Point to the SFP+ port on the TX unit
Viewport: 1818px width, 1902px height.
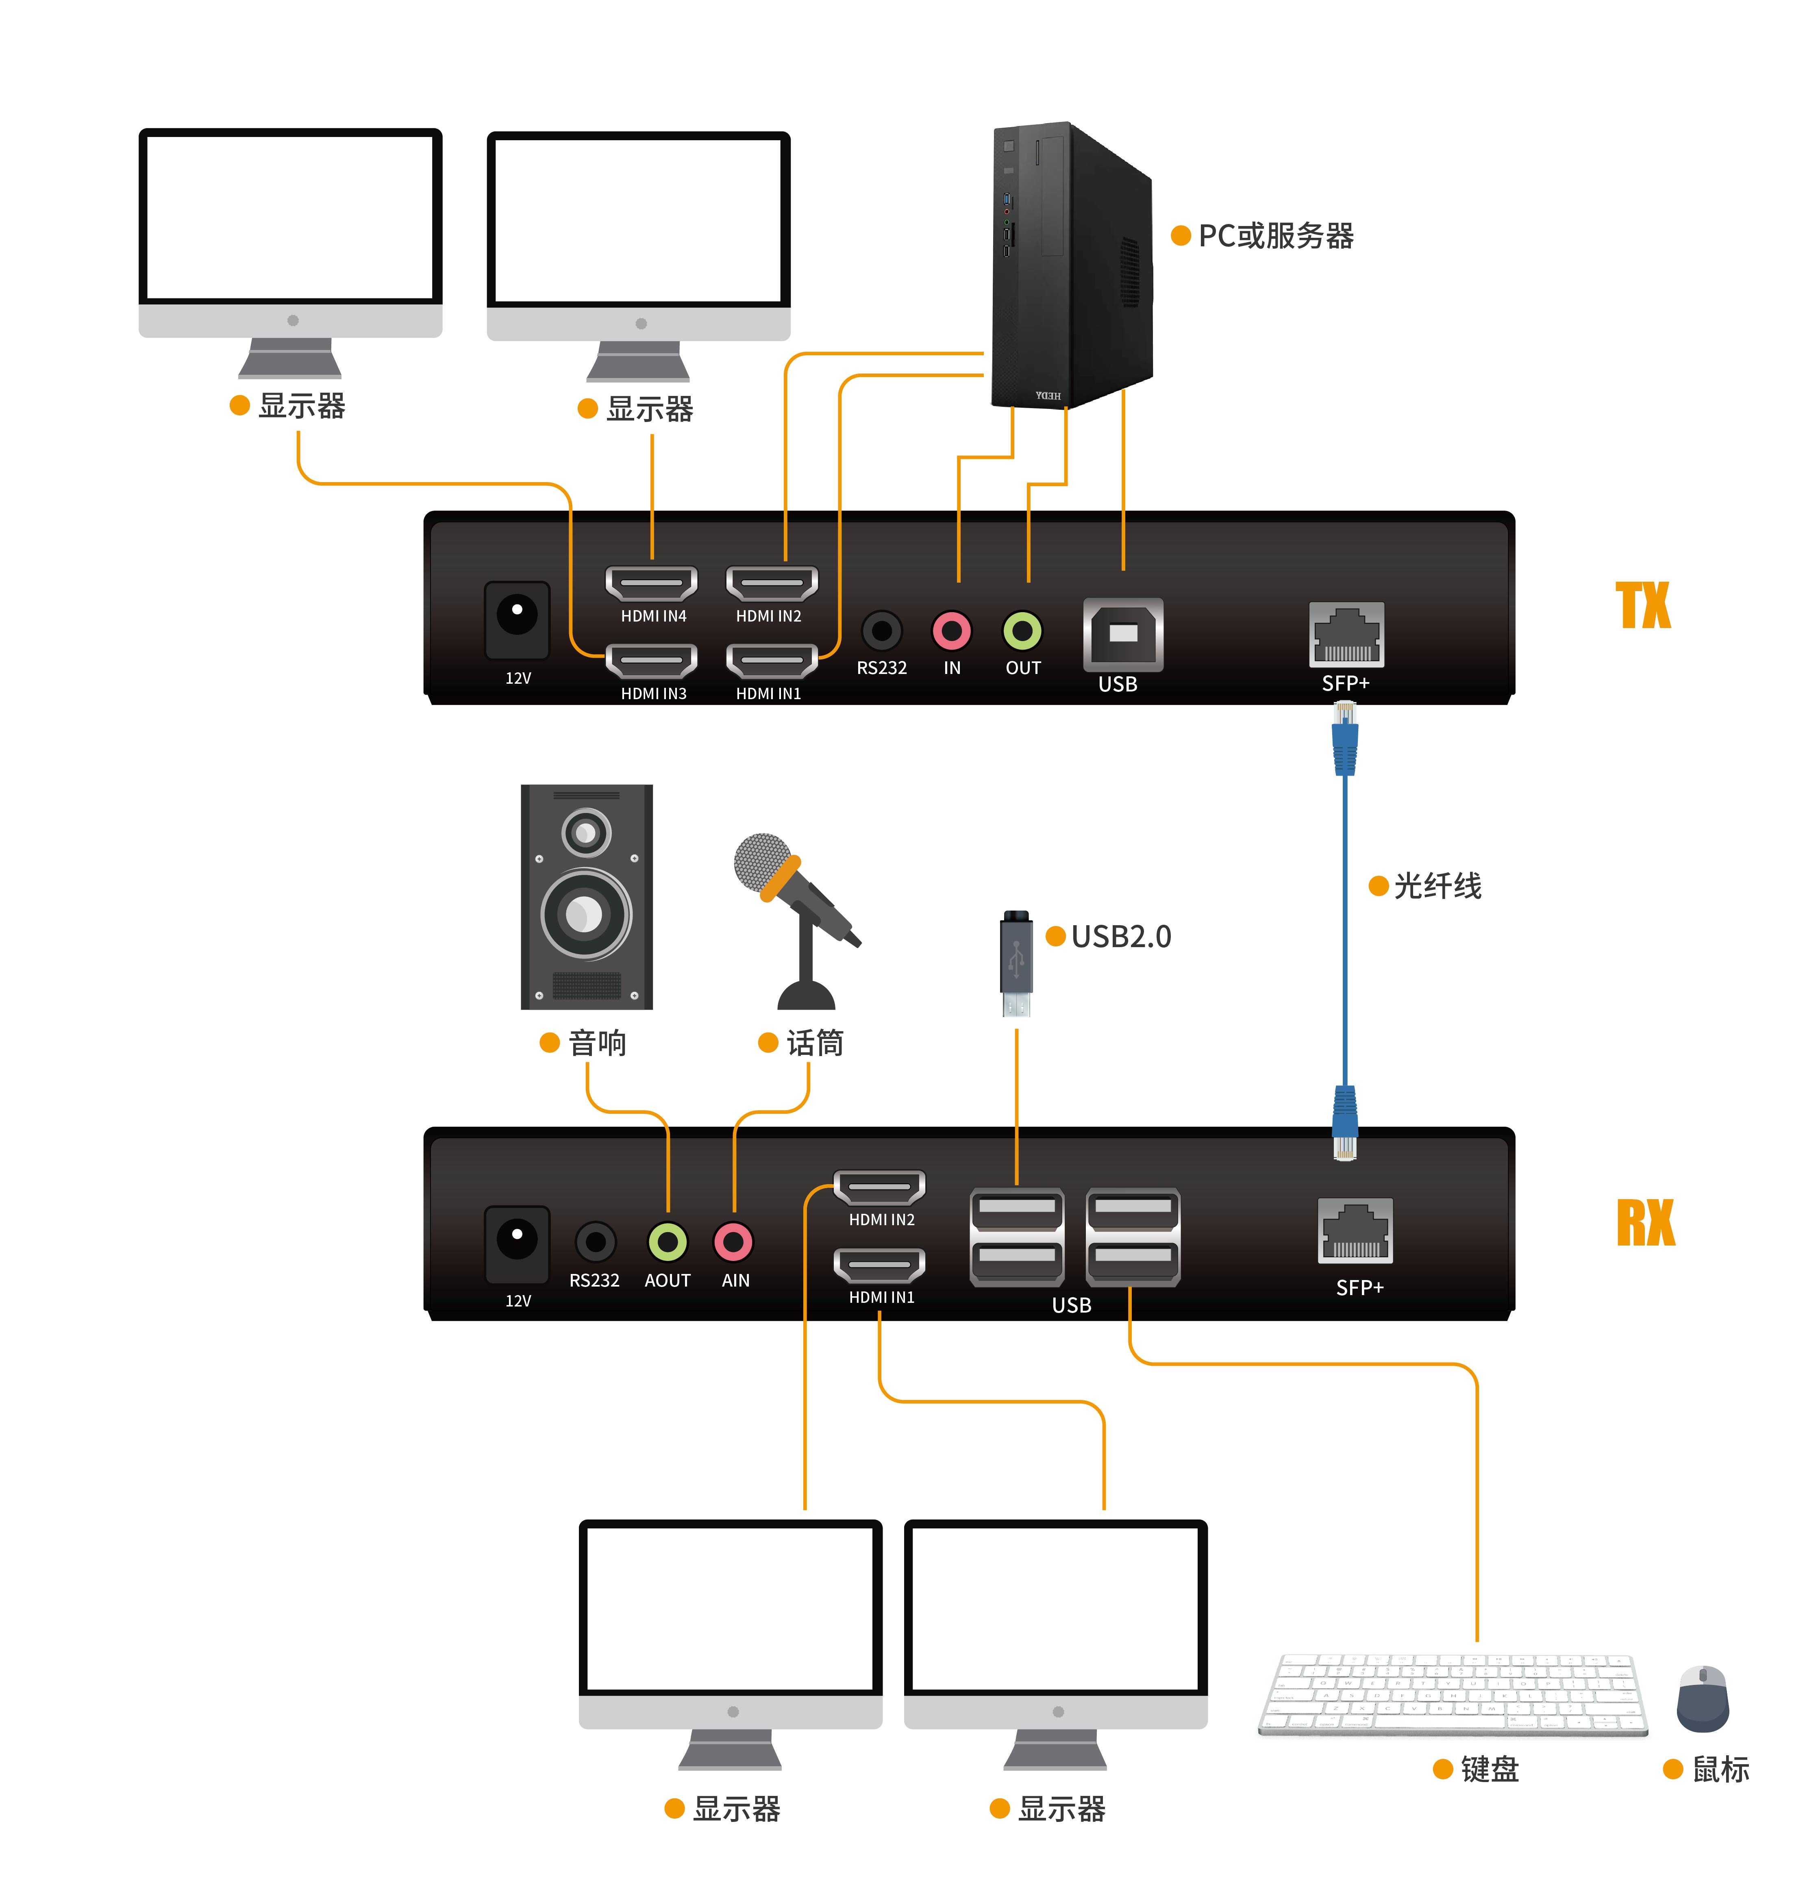(x=1346, y=636)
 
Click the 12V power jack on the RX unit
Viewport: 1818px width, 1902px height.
(x=517, y=1237)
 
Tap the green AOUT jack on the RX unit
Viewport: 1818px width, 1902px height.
(x=667, y=1241)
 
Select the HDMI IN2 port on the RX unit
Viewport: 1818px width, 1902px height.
(x=880, y=1187)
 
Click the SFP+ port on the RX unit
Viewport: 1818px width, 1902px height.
(x=1355, y=1230)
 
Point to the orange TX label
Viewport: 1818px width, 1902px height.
(x=1644, y=606)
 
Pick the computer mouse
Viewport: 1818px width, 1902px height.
(x=1703, y=1698)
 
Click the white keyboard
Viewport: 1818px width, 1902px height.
(x=1452, y=1694)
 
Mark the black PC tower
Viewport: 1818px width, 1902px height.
(x=1071, y=266)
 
